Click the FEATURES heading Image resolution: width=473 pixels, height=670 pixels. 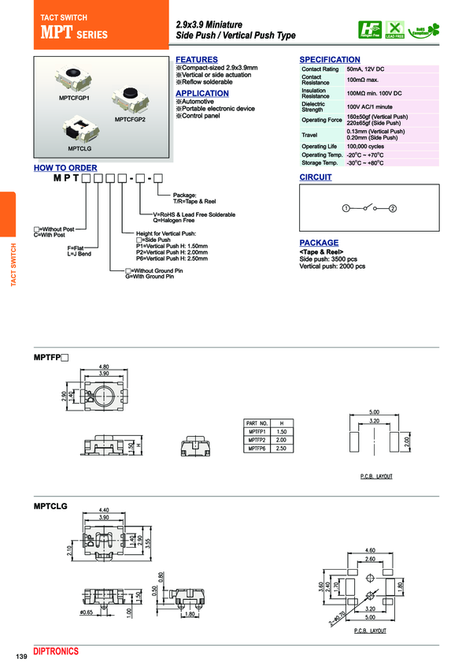pos(197,60)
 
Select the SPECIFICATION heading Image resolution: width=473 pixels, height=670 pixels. pos(330,60)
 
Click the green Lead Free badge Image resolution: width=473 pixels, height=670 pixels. pos(394,29)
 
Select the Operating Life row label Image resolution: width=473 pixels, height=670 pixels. pos(320,147)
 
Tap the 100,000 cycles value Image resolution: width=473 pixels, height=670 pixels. pos(368,147)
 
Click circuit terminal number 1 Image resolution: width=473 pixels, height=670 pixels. pos(346,208)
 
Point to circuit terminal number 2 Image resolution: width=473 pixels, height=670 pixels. pos(393,208)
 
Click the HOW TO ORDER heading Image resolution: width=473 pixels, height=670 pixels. pos(65,168)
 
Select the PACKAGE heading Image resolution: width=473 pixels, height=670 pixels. pos(319,243)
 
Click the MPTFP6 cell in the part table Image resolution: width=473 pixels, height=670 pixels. pos(258,448)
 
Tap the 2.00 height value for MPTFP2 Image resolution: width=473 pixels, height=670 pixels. pos(282,440)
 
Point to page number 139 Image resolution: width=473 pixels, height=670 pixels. pos(22,657)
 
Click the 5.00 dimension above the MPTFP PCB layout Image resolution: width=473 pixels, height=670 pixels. pos(375,412)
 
